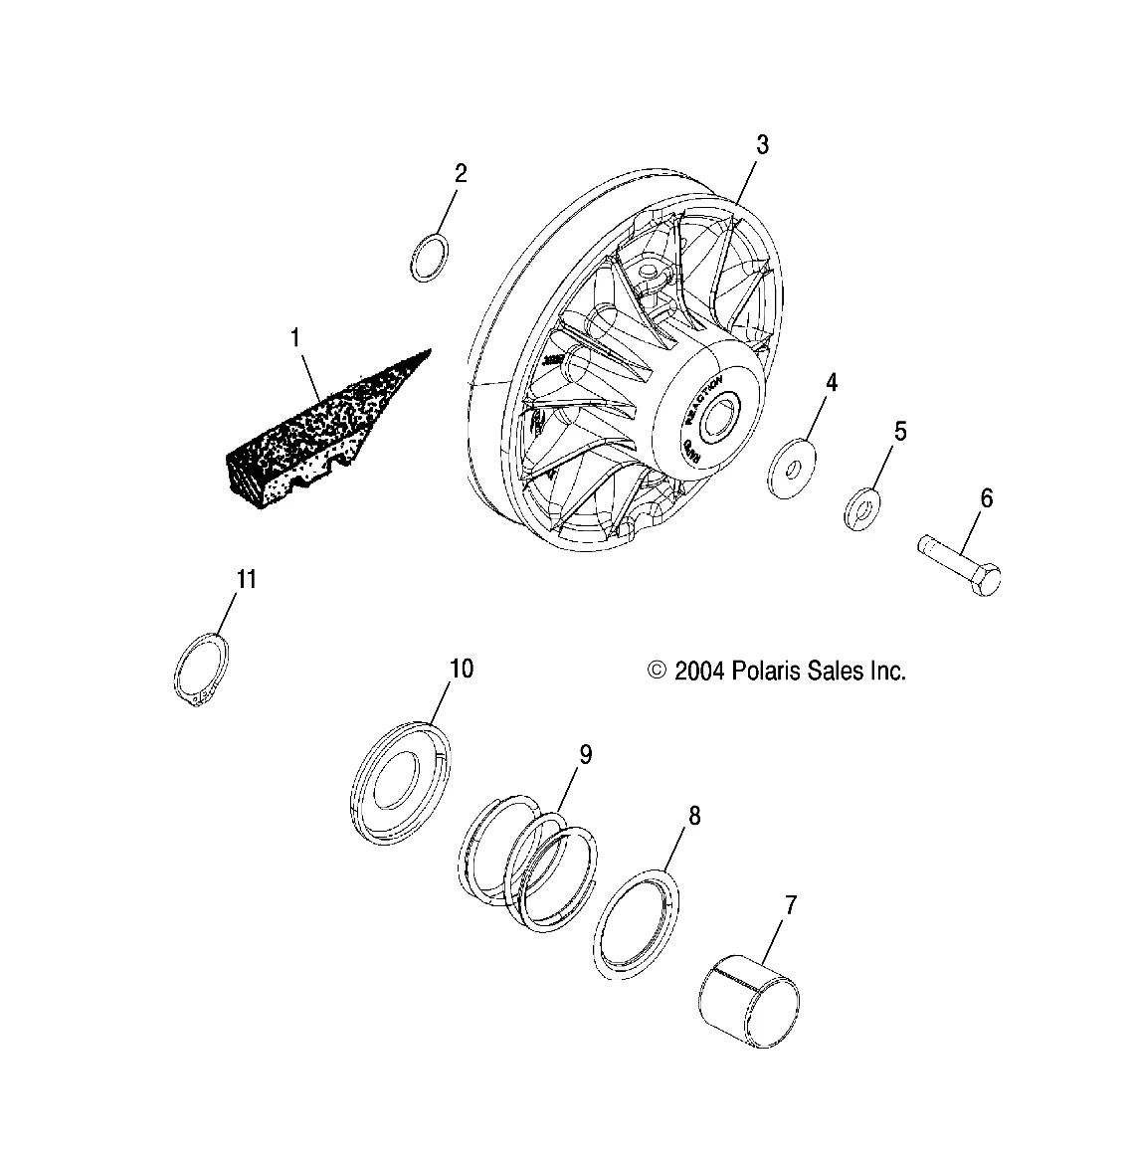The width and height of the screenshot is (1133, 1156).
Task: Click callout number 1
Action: pos(294,338)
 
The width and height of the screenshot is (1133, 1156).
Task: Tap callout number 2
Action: pos(461,173)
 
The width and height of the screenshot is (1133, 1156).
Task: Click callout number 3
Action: pos(761,144)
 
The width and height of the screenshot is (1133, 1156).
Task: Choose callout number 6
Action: pos(986,497)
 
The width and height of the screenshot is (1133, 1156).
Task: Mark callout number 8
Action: pos(693,816)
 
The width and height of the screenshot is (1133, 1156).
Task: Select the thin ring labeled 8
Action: pos(639,920)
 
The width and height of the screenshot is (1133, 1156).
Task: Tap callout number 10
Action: pos(461,668)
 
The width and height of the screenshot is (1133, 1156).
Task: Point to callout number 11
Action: pos(246,578)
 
